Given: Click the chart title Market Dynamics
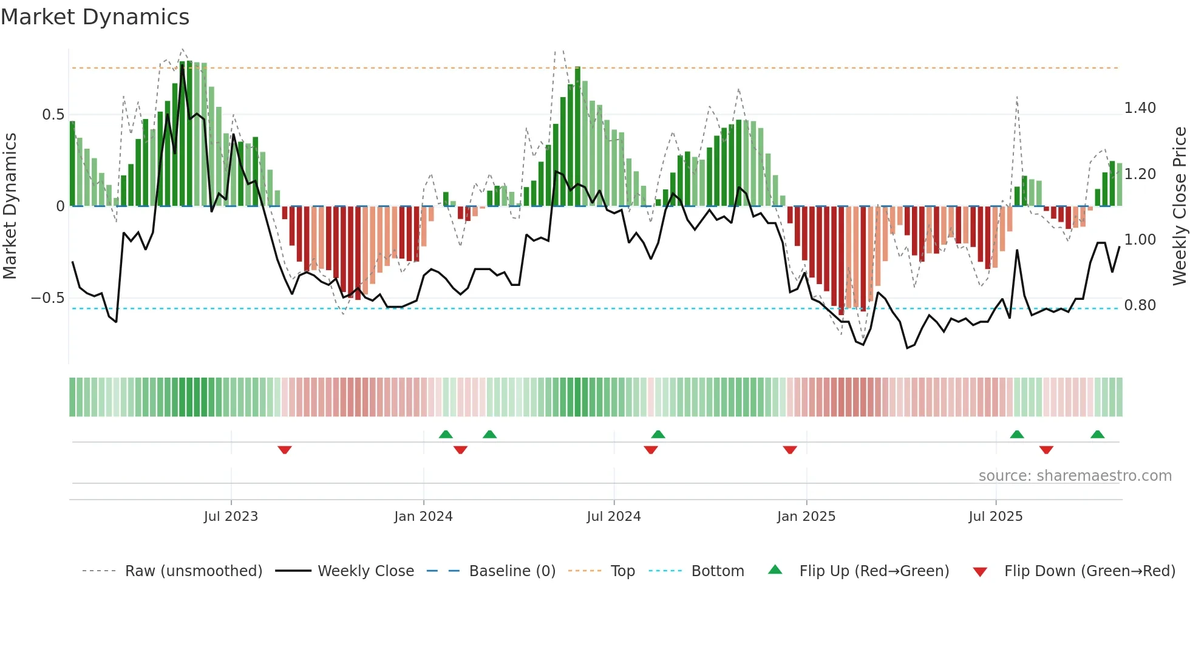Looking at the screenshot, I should (95, 17).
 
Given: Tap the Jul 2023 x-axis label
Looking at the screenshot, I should (231, 517).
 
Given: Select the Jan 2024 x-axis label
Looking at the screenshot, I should (423, 517).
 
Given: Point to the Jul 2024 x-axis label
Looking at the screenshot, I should (614, 517).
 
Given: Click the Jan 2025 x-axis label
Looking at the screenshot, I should (806, 517).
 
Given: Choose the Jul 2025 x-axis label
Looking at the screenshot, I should (996, 517).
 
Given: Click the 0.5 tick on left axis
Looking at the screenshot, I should (53, 115).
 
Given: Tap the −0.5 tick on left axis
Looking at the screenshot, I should (47, 298).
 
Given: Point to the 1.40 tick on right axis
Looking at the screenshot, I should (1140, 108).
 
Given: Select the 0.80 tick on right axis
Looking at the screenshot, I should (1140, 305).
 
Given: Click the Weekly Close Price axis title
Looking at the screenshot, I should (1179, 206).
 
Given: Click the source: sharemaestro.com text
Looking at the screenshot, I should (1075, 476).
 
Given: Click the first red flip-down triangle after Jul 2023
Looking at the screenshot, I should (285, 450).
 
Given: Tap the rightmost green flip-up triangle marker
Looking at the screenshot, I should (1097, 434).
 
